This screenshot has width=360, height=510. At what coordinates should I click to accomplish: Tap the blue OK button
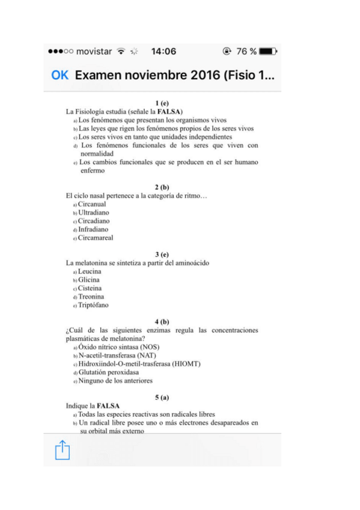[60, 76]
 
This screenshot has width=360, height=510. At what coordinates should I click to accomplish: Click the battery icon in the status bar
[268, 52]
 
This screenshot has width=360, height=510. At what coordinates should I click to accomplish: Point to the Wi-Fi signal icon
[121, 52]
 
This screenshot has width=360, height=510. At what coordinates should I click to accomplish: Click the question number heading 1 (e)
[162, 103]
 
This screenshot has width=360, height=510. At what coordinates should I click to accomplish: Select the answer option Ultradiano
[94, 212]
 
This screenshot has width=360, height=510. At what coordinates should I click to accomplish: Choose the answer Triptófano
[94, 305]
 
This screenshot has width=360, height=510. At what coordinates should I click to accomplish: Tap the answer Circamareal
[96, 238]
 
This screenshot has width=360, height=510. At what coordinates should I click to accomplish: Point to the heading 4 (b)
[162, 322]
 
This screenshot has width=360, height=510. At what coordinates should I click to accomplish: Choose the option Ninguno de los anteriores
[115, 381]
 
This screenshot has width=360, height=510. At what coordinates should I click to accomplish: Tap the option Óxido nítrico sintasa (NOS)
[119, 347]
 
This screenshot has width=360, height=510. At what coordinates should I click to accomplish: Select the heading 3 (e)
[162, 254]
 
